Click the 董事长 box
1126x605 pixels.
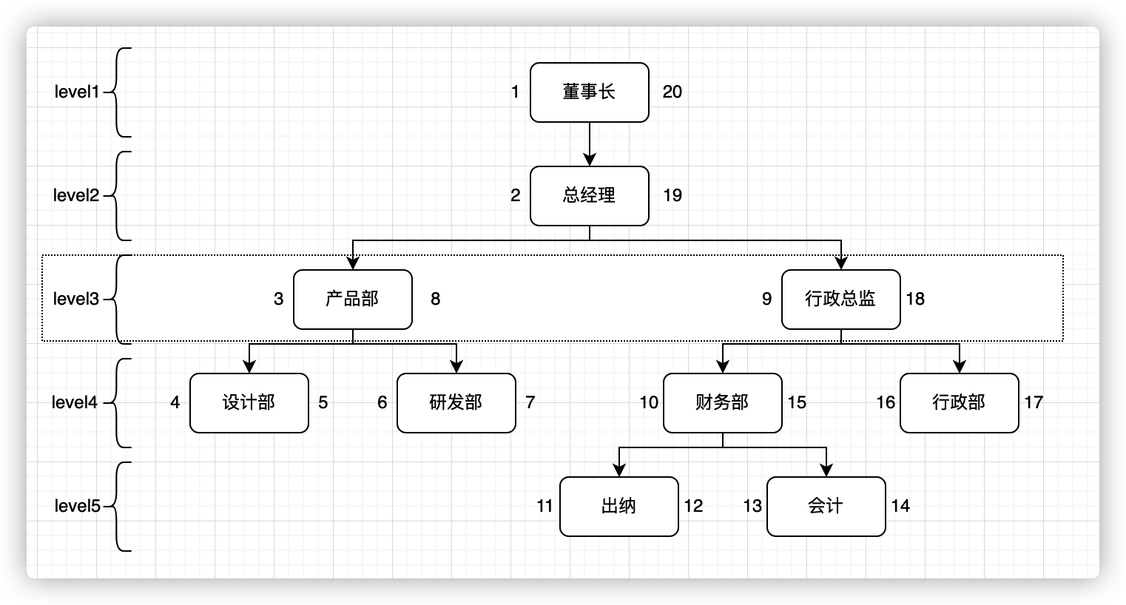(589, 92)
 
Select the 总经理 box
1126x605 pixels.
(589, 196)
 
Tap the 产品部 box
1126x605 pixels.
(352, 300)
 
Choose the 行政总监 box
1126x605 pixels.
(840, 300)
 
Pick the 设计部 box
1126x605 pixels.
(249, 403)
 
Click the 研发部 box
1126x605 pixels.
(456, 403)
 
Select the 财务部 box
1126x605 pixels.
(722, 403)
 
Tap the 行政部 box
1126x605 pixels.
(959, 403)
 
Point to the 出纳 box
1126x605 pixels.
(618, 507)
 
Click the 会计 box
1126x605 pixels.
(826, 507)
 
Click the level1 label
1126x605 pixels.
(76, 92)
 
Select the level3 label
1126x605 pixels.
(76, 300)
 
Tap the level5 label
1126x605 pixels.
(76, 507)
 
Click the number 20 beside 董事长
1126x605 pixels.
(672, 92)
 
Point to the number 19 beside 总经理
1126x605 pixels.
(672, 196)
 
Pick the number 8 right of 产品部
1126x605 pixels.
(435, 300)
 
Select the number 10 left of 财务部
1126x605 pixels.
(649, 403)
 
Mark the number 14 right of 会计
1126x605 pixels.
(900, 507)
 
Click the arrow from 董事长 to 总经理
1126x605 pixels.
(589, 144)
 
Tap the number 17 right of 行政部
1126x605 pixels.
(1034, 403)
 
